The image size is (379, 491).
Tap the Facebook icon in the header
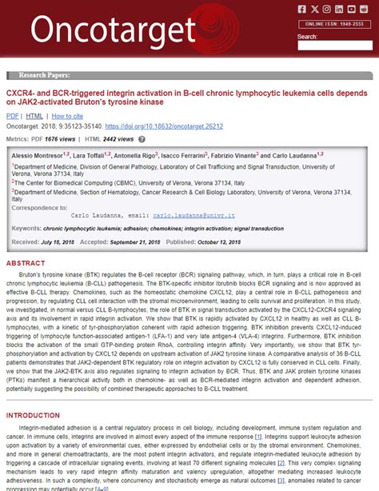[x=301, y=10]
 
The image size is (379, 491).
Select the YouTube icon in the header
[x=351, y=10]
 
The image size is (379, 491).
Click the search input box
[x=334, y=46]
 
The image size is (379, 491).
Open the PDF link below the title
[x=12, y=116]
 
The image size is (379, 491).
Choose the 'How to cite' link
[x=67, y=116]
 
